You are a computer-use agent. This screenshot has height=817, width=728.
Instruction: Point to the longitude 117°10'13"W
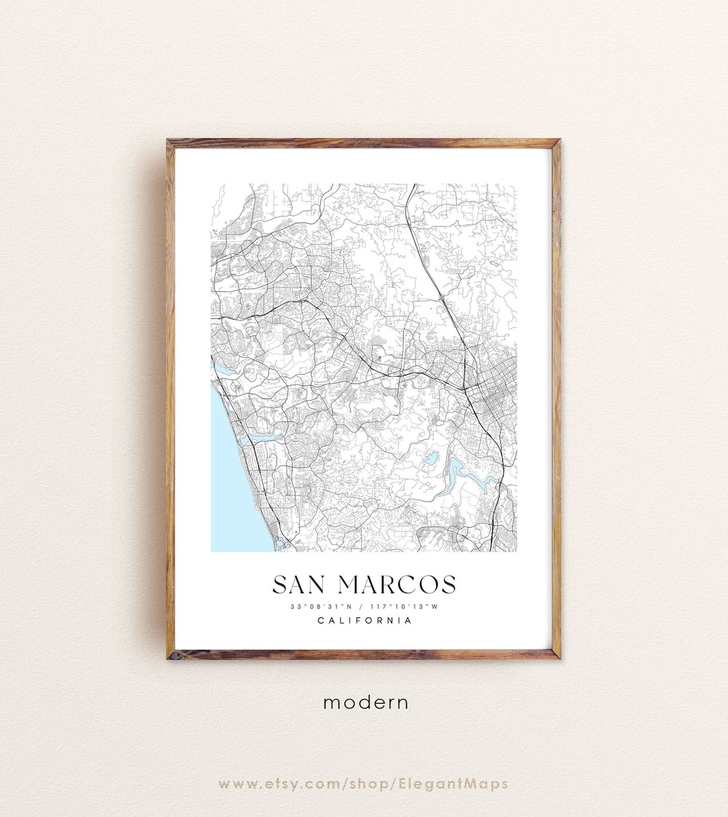(404, 607)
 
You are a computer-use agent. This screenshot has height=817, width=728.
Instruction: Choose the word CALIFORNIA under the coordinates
(365, 621)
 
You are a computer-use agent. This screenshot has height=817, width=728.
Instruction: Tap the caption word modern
(365, 702)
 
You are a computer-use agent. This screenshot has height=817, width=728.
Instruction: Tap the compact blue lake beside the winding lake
(430, 460)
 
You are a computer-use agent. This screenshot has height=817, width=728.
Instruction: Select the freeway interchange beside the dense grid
(467, 387)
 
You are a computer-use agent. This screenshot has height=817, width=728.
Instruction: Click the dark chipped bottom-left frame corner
(173, 654)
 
